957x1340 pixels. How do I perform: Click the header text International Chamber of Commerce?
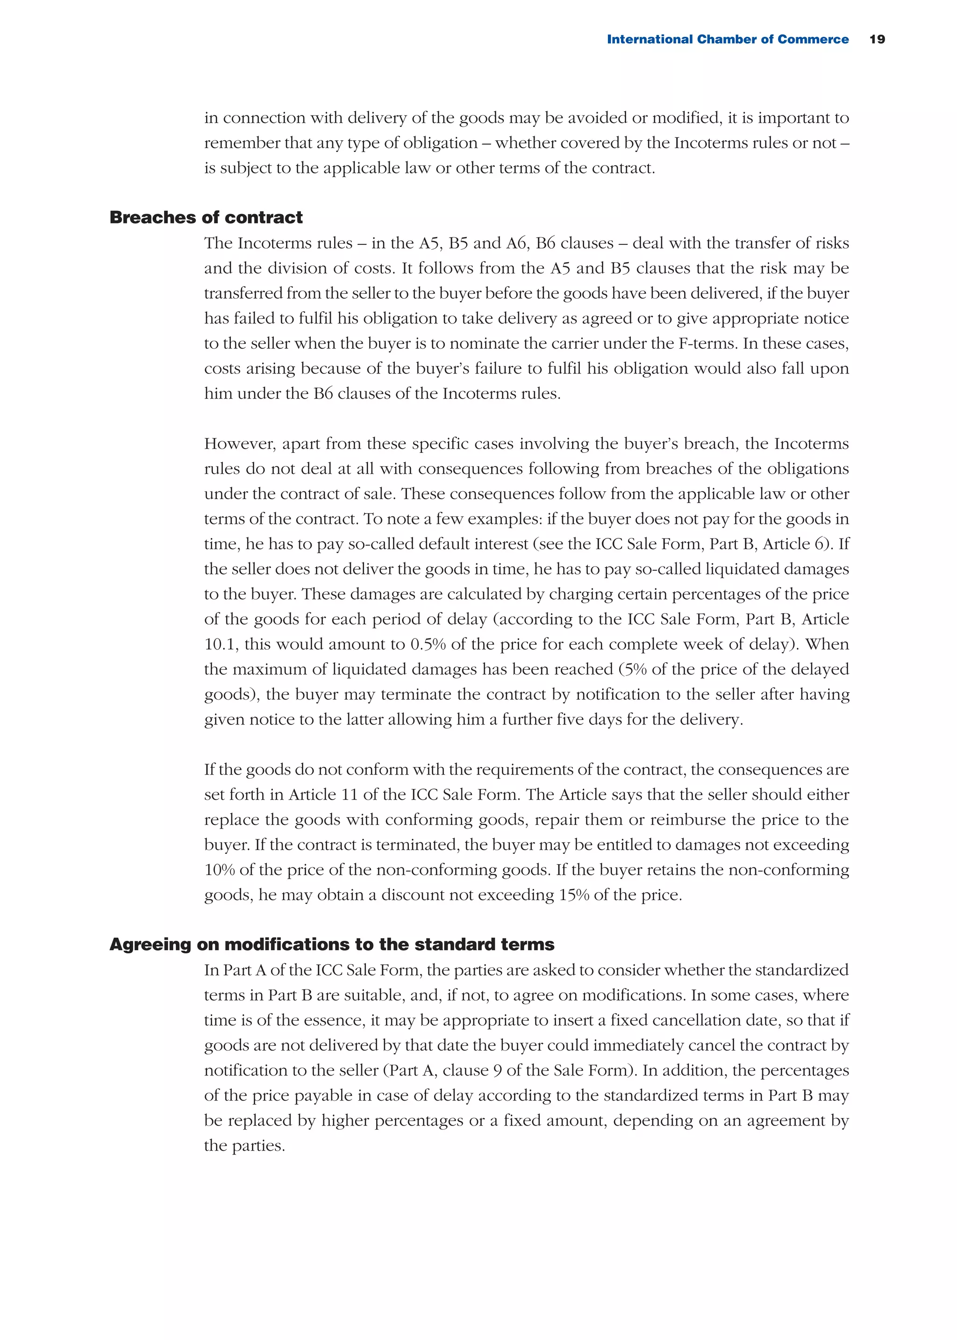(727, 39)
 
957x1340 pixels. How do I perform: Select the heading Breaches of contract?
(206, 217)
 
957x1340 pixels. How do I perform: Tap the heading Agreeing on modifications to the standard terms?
(332, 945)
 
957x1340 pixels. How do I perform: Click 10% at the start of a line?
(219, 870)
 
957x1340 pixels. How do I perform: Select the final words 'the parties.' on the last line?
(244, 1146)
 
